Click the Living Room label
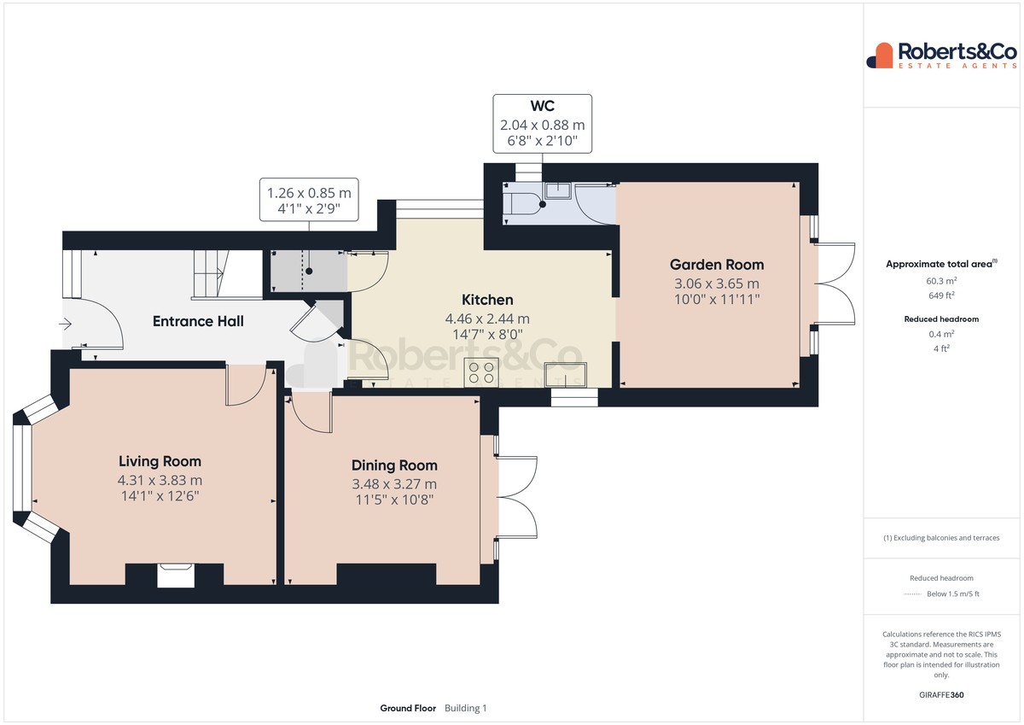(x=160, y=461)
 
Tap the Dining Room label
(x=394, y=465)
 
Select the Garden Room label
(x=717, y=265)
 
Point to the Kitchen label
(x=487, y=300)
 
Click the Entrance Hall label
(x=198, y=321)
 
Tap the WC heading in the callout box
(x=542, y=106)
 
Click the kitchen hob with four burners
(x=481, y=372)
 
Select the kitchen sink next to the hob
(x=566, y=375)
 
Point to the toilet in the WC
(x=522, y=204)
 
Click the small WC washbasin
(x=557, y=190)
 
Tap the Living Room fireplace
(x=176, y=575)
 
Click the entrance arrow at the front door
(x=66, y=324)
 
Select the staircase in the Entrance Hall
(x=211, y=274)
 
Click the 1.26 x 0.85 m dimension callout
(x=309, y=201)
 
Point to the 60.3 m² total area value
(x=941, y=280)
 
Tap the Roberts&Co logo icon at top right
(x=879, y=56)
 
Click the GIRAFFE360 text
(x=941, y=695)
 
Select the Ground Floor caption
(x=408, y=708)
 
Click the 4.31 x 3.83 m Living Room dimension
(x=160, y=480)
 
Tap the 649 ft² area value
(x=941, y=295)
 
